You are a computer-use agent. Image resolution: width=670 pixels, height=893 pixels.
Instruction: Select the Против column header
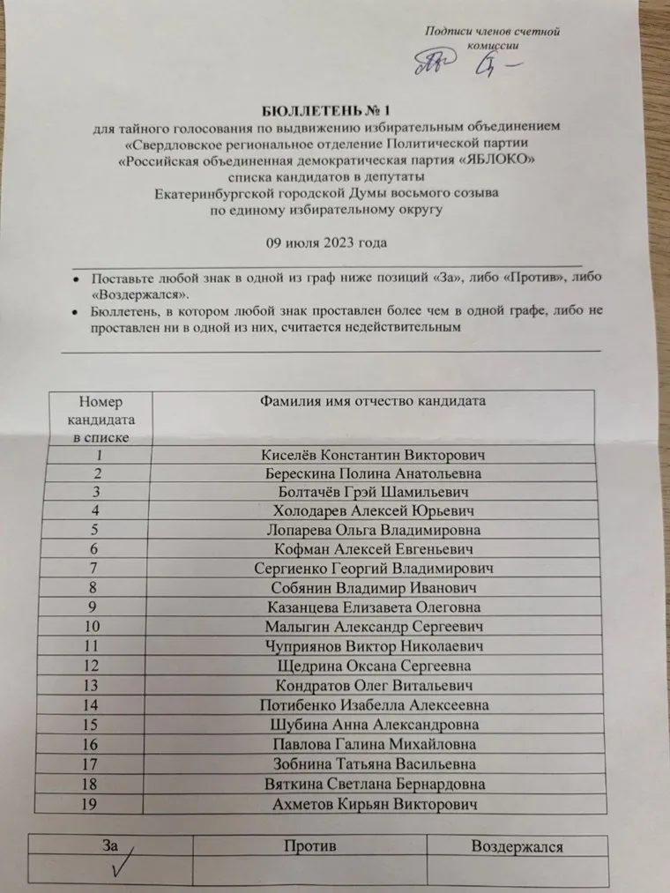coord(309,846)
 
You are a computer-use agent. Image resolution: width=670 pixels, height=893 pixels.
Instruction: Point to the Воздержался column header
coord(517,846)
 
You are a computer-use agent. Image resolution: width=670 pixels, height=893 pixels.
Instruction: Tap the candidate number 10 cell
coord(103,627)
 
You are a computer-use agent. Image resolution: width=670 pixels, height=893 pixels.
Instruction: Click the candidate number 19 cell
coord(103,805)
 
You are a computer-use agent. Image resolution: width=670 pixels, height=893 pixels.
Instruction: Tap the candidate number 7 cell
coord(103,569)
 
